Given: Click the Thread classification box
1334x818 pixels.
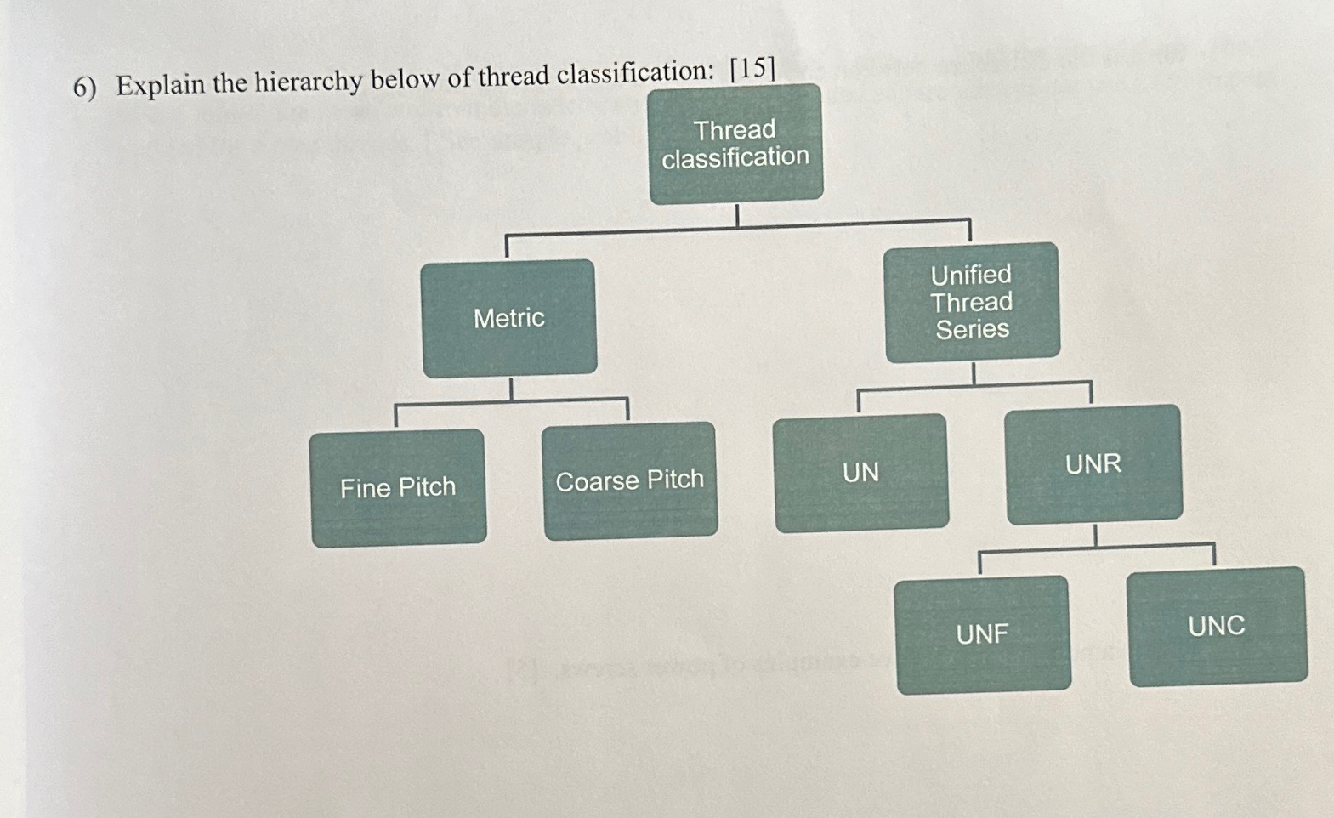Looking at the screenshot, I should click(x=735, y=144).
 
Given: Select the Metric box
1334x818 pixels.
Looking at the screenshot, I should click(x=509, y=318).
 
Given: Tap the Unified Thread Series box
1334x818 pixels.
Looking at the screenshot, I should click(x=972, y=303).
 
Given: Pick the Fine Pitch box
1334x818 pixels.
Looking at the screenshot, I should click(x=398, y=488).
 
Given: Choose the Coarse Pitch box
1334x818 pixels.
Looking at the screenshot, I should click(x=630, y=480).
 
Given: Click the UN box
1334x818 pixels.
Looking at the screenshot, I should click(x=860, y=473).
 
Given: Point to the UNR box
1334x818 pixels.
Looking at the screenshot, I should click(x=1093, y=464).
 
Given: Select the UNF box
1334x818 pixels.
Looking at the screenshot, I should click(x=982, y=634).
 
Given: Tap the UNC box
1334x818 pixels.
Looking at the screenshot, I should click(x=1217, y=627).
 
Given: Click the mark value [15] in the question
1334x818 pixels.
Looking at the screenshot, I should click(x=752, y=68).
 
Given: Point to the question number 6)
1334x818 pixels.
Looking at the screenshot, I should click(x=84, y=88).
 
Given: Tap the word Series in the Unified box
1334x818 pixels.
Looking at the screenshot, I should click(x=973, y=329).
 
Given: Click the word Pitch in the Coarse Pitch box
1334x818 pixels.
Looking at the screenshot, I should click(x=673, y=480).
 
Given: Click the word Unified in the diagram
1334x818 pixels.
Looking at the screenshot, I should click(x=971, y=275).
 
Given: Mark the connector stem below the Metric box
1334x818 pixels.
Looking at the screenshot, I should click(x=511, y=388).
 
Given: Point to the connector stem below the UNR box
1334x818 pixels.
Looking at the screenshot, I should click(x=1095, y=535).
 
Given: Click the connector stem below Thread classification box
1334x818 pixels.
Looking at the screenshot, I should click(x=736, y=215).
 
